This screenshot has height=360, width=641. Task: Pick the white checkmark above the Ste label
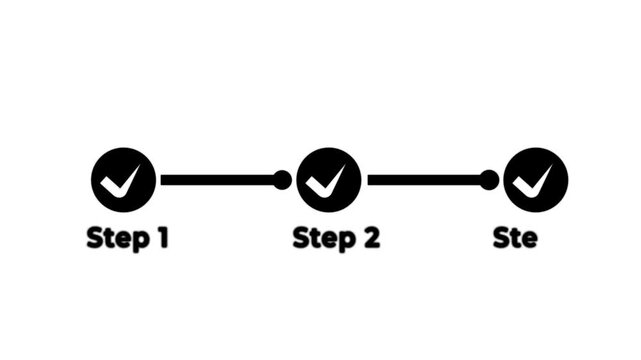click(532, 181)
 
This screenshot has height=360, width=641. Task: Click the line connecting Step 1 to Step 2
click(215, 180)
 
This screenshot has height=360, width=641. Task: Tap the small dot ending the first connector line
click(282, 180)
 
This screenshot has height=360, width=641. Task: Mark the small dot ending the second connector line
click(489, 180)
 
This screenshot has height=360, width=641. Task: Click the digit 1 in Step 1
click(161, 239)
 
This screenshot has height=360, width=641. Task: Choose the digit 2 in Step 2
click(371, 239)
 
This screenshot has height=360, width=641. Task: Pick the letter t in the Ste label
click(515, 239)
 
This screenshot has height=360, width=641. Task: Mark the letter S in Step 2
click(300, 239)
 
